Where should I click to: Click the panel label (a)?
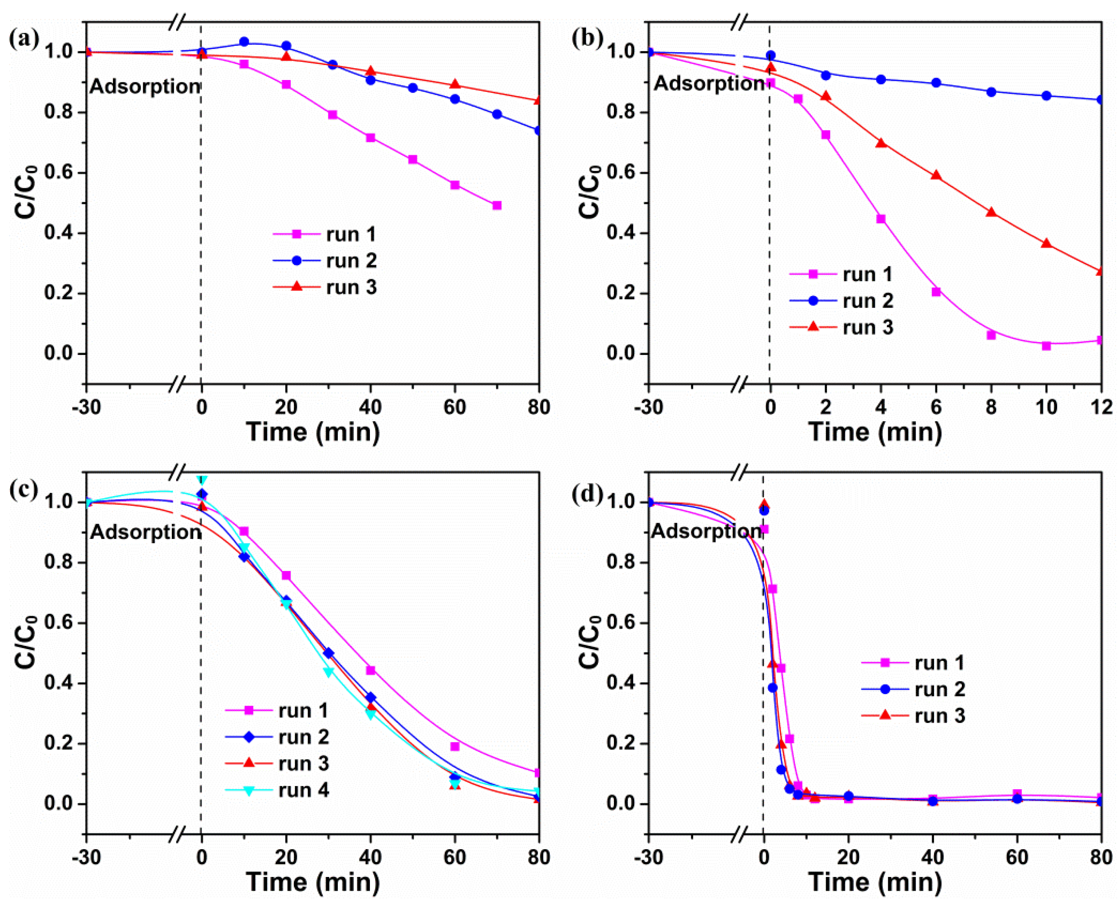point(24,39)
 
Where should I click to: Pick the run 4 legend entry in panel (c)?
point(277,790)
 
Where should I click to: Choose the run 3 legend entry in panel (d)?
point(913,715)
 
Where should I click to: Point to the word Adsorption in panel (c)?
point(146,532)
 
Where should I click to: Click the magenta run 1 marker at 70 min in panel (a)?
point(497,206)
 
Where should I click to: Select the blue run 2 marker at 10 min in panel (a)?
point(244,42)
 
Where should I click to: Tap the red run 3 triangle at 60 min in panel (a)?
point(455,84)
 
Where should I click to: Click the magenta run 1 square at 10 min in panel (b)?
point(1046,346)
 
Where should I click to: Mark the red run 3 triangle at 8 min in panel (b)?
point(991,212)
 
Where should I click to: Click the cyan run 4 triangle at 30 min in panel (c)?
point(329,672)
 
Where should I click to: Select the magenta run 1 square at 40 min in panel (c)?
point(371,670)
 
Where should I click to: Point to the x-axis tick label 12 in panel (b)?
point(1101,407)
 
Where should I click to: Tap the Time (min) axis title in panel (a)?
point(313,432)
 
